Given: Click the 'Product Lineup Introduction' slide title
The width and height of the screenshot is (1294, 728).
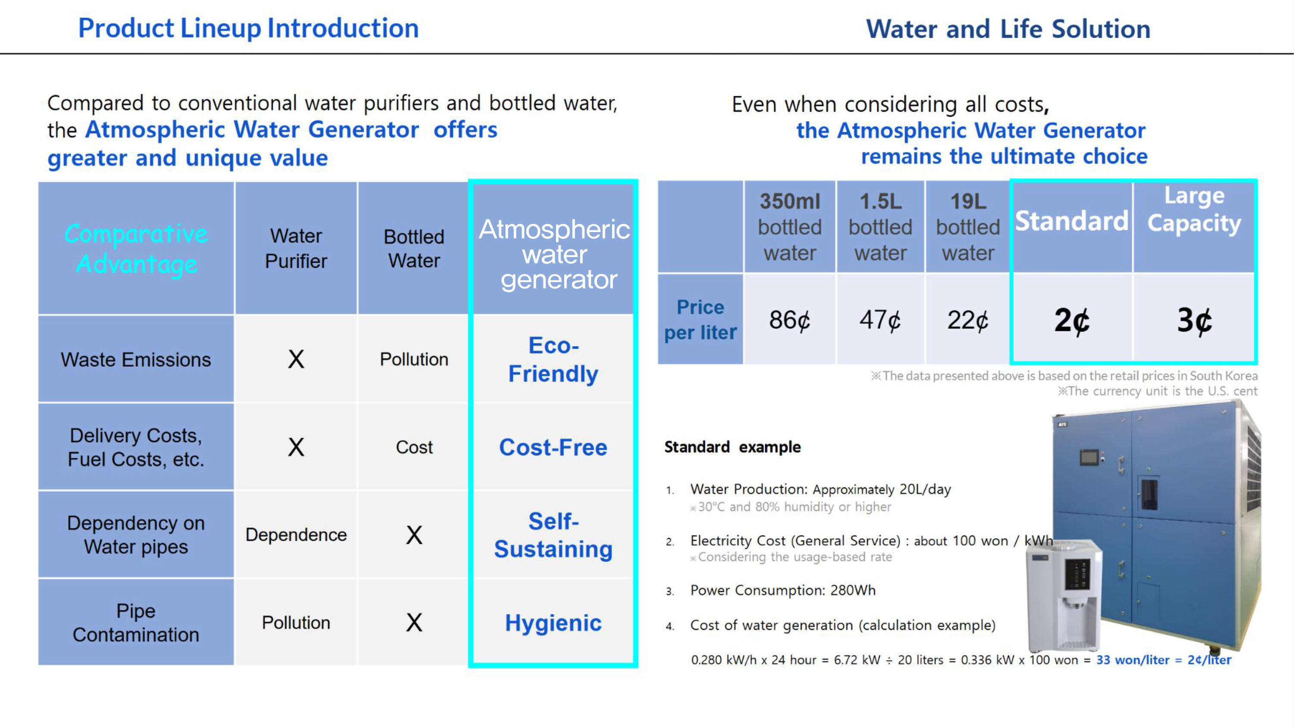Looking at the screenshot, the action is (248, 28).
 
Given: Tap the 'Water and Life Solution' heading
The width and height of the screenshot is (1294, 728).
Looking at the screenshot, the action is (1008, 28).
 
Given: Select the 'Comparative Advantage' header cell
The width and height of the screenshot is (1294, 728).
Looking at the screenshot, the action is (136, 249).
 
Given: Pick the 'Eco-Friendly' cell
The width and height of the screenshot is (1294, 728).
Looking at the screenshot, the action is (553, 359).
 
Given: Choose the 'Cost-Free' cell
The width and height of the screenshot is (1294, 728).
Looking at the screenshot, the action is (553, 447).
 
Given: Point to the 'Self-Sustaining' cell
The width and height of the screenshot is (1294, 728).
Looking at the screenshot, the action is (553, 534).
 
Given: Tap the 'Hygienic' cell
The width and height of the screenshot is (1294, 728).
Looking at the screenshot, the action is (553, 622).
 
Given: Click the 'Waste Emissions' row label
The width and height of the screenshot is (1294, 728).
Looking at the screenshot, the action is (136, 359).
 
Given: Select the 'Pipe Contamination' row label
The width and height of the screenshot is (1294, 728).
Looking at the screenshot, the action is (136, 622).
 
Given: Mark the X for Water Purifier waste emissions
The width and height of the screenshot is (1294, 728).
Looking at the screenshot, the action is (296, 359).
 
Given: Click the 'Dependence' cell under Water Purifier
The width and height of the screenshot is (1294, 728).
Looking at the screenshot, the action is (296, 534).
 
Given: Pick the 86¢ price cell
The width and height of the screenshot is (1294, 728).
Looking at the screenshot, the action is (790, 320).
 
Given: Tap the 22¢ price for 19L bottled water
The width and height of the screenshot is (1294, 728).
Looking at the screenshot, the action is (968, 320).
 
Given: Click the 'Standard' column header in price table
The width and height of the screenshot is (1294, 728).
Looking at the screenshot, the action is (1072, 221).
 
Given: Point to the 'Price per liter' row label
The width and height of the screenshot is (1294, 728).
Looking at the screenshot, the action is (700, 320).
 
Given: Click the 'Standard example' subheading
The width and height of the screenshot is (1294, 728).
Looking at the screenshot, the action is (732, 447).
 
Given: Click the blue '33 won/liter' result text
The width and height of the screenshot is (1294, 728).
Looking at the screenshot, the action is (1133, 660).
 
